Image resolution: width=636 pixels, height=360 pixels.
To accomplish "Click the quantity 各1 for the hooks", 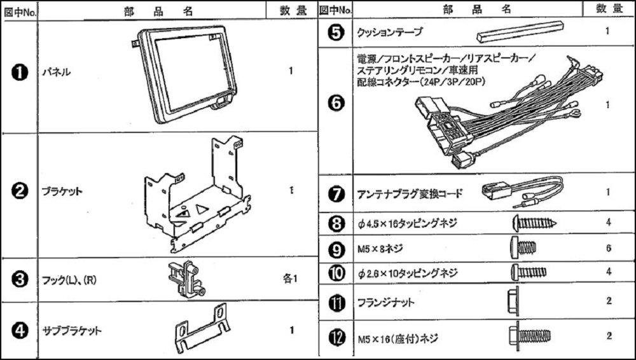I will coord(290,279).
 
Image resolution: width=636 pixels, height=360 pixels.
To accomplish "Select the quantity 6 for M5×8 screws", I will coord(609,248).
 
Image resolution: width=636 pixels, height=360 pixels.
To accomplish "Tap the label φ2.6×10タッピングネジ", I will coord(408,273).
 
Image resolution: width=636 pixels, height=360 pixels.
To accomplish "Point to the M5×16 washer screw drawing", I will coord(529,334).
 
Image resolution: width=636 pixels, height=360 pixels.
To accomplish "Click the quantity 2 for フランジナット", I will coord(609,300).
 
